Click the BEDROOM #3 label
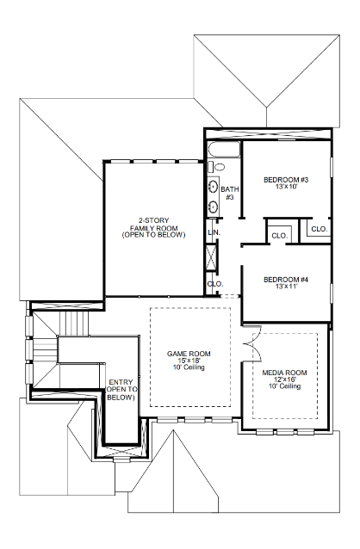[285, 179]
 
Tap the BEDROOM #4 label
[285, 280]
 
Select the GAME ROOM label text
[188, 355]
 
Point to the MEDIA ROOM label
[284, 373]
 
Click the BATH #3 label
[229, 194]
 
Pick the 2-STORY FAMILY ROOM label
[152, 227]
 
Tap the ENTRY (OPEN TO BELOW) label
[121, 390]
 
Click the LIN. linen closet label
[214, 233]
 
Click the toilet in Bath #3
[218, 167]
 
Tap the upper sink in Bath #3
[213, 186]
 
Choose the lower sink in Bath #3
[213, 207]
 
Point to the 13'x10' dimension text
[285, 186]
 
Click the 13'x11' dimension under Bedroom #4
[285, 287]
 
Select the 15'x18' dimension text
[188, 361]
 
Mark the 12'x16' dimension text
[284, 380]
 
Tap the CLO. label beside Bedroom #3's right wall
[318, 229]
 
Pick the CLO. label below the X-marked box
[214, 284]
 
